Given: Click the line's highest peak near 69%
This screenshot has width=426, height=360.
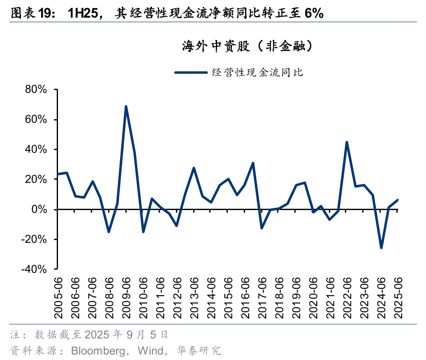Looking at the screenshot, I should pyautogui.click(x=126, y=106).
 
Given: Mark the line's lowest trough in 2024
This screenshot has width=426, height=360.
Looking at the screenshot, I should pyautogui.click(x=381, y=248).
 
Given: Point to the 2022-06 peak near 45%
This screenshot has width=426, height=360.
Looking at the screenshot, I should pyautogui.click(x=347, y=142).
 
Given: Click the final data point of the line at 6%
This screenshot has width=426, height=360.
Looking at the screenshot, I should pyautogui.click(x=398, y=200).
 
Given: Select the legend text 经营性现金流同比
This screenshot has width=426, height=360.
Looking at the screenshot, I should pyautogui.click(x=257, y=72).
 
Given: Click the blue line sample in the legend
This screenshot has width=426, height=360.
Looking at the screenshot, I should pyautogui.click(x=190, y=72).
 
